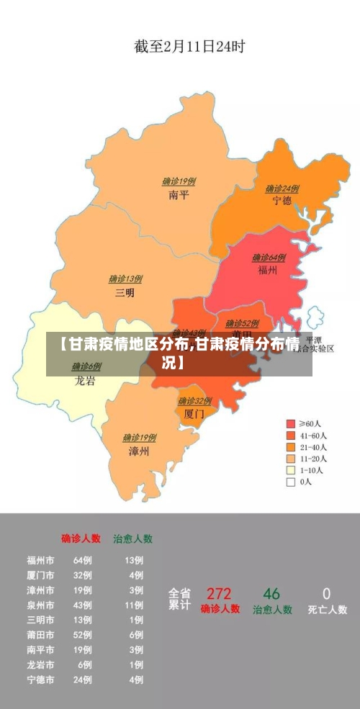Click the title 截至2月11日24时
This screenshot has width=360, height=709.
[189, 47]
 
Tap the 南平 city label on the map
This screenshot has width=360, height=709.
[179, 195]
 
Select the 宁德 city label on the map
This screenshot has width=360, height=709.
[282, 201]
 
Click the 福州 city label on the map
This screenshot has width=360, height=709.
[268, 270]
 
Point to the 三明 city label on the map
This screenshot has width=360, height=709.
[125, 293]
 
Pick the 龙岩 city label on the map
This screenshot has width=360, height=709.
[85, 381]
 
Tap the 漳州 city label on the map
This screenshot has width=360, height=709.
[139, 451]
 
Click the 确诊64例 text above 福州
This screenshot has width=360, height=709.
[269, 257]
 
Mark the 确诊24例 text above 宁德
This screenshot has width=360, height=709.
[282, 189]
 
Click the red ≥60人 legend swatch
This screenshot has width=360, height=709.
[291, 424]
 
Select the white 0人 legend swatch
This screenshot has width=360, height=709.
[291, 482]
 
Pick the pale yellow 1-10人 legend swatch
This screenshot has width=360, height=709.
[291, 471]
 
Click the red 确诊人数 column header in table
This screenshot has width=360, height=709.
[81, 538]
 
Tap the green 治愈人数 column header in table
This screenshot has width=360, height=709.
[132, 538]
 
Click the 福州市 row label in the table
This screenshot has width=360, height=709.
[40, 559]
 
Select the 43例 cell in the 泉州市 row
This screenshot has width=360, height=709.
[83, 605]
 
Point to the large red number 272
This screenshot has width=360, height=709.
[219, 594]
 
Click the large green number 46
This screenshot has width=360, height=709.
[271, 594]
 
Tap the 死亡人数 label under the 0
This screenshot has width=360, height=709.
[327, 610]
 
